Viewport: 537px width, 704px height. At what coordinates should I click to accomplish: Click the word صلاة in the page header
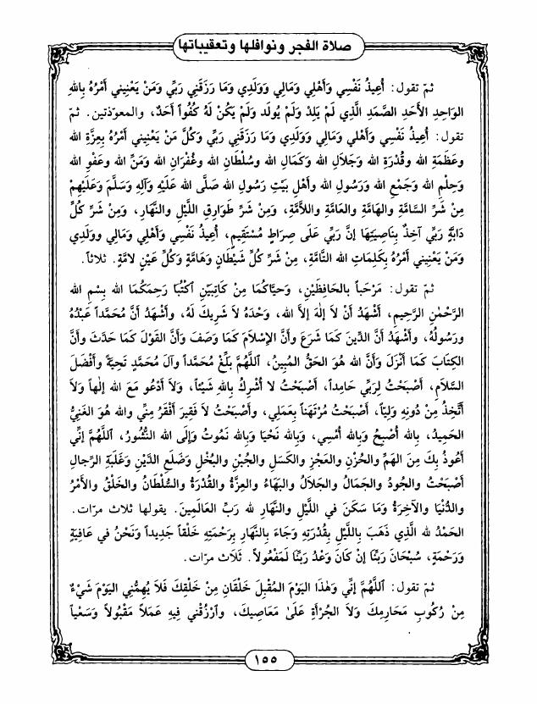[x=349, y=38]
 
